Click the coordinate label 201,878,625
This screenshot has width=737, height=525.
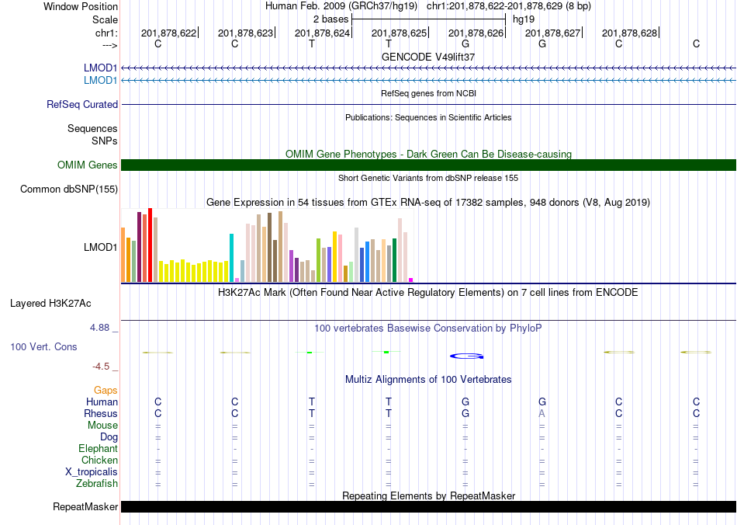click(x=399, y=33)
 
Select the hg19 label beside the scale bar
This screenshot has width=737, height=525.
click(x=523, y=19)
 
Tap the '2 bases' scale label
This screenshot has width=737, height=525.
click(x=331, y=19)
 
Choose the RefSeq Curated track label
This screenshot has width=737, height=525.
click(x=82, y=104)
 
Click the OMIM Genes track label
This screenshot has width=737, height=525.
click(x=88, y=165)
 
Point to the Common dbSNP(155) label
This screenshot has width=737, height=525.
click(x=69, y=189)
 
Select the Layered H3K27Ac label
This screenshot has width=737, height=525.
click(x=50, y=304)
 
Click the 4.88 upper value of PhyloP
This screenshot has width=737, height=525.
click(x=99, y=328)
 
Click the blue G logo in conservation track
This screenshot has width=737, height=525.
click(x=467, y=356)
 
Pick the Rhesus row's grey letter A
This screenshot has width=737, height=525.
click(x=542, y=413)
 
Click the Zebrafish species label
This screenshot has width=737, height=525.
click(x=97, y=484)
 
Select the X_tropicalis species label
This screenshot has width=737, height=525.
click(x=92, y=472)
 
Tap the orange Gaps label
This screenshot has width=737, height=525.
click(x=106, y=391)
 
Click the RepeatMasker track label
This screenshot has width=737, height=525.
click(x=85, y=506)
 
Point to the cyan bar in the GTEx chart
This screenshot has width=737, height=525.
click(x=231, y=258)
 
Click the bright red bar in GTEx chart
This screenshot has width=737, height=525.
click(x=150, y=245)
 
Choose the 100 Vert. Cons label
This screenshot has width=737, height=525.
click(x=43, y=346)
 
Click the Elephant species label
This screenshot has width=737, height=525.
click(x=99, y=449)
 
